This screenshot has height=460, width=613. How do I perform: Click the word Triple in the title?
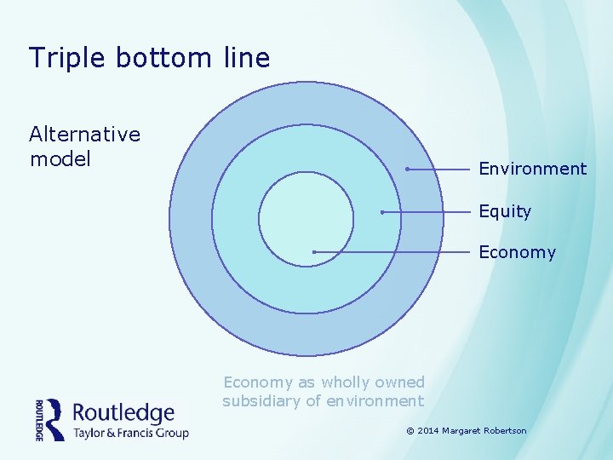tap(66, 58)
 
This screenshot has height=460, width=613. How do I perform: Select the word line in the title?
tap(247, 58)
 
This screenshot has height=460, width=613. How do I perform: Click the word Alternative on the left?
tap(84, 135)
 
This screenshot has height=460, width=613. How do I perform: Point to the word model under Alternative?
tap(60, 159)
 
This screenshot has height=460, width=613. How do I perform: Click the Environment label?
tap(532, 169)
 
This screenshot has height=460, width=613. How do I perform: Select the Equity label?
tap(504, 211)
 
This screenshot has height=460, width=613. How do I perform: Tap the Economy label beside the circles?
tap(517, 252)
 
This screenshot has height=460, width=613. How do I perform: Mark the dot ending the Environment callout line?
tap(407, 170)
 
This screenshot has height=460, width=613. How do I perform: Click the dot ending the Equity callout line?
tap(382, 211)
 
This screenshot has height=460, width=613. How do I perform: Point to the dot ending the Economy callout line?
tap(314, 252)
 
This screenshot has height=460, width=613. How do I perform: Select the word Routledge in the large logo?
tap(123, 413)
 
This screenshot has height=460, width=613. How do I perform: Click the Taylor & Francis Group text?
tap(130, 433)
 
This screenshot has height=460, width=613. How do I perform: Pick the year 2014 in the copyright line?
tap(428, 431)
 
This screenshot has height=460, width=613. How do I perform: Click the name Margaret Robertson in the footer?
tap(485, 431)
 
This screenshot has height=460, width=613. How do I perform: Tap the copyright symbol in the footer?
tap(410, 431)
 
